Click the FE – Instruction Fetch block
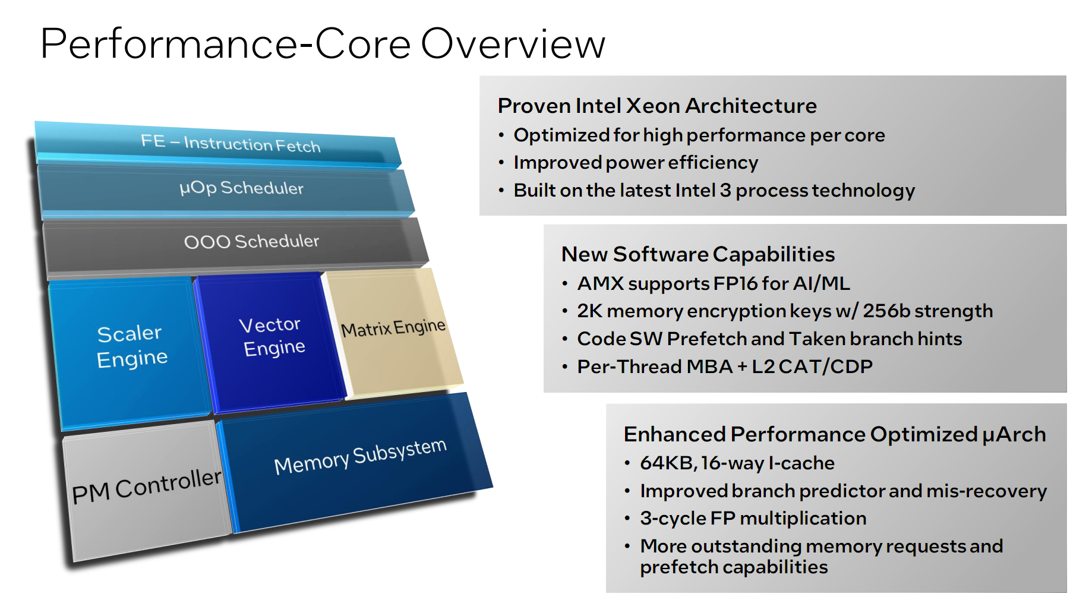coord(231,143)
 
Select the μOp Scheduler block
coord(241,188)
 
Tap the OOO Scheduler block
coord(251,241)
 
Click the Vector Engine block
coord(272,337)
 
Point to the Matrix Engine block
coord(393,328)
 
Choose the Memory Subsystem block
coord(360,456)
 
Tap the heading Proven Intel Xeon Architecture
coord(657,106)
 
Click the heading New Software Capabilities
coord(698,254)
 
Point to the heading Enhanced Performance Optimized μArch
coord(834,434)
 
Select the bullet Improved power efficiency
coord(636,163)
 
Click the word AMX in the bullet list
coord(601,283)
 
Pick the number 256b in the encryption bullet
coord(886,311)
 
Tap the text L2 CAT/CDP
coord(812,367)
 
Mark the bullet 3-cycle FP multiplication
coord(753,518)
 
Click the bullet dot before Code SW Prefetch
coord(565,339)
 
